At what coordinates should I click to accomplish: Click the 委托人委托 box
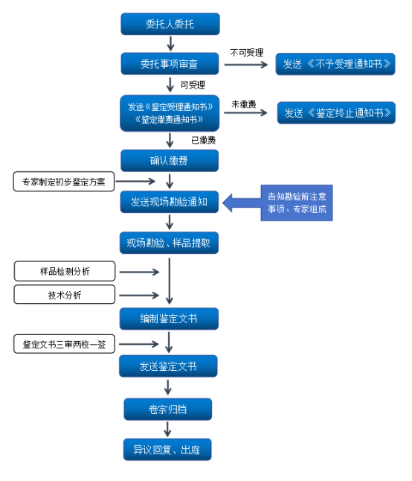click(170, 24)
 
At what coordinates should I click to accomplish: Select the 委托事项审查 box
click(170, 64)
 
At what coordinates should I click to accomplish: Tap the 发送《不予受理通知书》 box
click(335, 64)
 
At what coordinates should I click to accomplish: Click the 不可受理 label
click(247, 53)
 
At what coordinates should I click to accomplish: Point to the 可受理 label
click(193, 85)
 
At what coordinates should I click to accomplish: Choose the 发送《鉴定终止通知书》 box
click(336, 113)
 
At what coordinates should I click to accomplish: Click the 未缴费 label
click(243, 104)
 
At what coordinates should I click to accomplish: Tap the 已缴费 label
click(203, 140)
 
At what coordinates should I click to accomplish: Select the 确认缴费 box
click(170, 161)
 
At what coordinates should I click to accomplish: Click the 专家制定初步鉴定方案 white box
click(64, 182)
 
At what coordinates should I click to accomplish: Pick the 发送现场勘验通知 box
click(169, 202)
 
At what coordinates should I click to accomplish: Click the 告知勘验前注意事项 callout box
click(297, 203)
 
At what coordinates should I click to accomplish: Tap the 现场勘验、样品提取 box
click(169, 243)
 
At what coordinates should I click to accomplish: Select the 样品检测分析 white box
click(65, 271)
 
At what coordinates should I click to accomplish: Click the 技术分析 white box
click(64, 295)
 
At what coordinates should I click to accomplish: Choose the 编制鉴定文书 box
click(169, 319)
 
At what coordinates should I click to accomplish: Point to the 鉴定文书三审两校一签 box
click(64, 344)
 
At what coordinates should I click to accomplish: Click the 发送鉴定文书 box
click(168, 366)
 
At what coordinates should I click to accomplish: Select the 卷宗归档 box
click(168, 410)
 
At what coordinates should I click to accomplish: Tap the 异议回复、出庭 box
click(167, 450)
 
